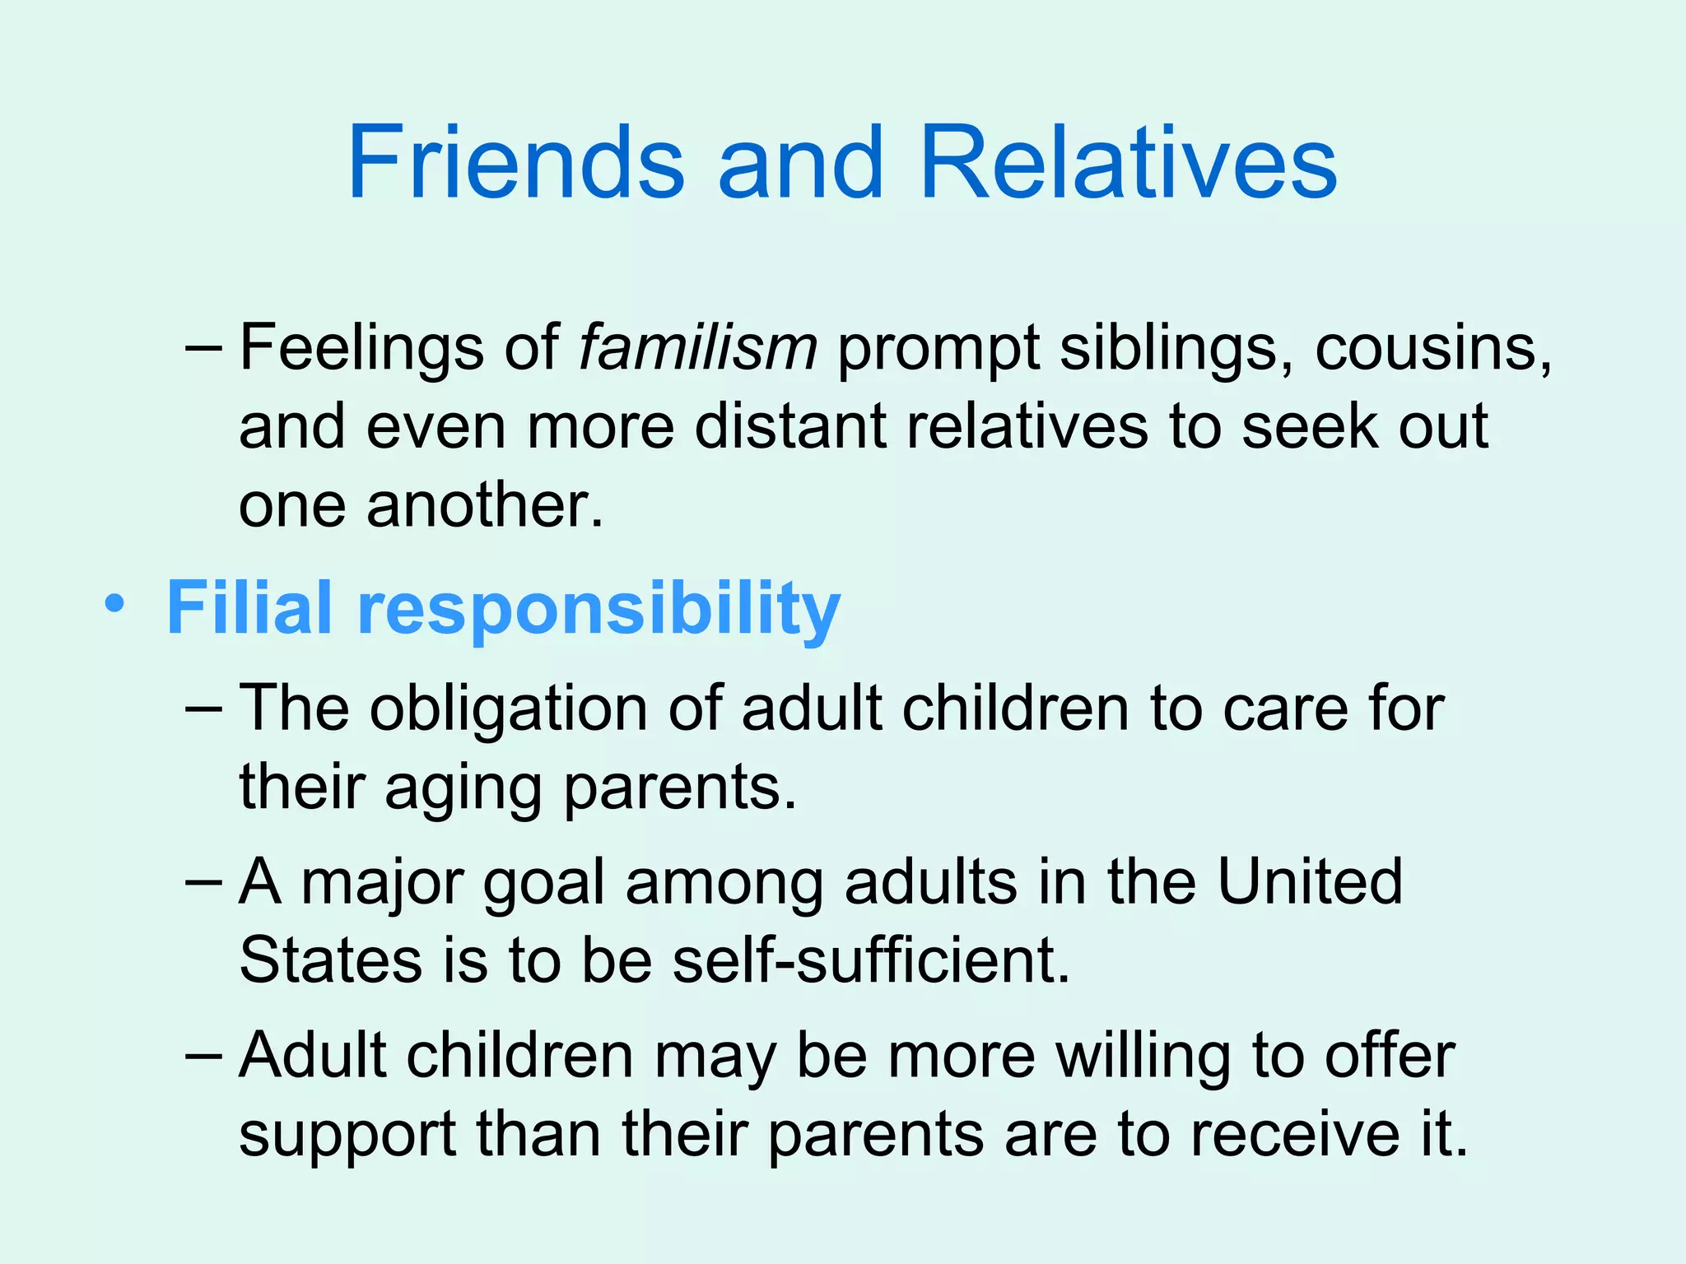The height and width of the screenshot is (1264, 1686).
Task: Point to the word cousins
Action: pos(1432,349)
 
